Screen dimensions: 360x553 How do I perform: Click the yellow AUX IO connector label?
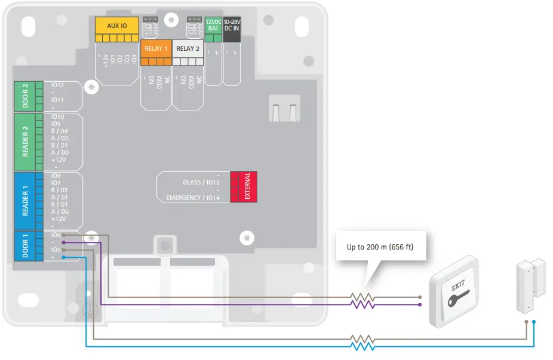pyautogui.click(x=116, y=26)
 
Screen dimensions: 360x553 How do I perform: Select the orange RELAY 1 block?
pyautogui.click(x=156, y=48)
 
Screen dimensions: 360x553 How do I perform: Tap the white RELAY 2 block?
pyautogui.click(x=188, y=48)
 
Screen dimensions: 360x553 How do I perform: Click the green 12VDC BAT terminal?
pyautogui.click(x=213, y=24)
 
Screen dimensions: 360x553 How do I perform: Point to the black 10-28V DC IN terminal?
pyautogui.click(x=232, y=24)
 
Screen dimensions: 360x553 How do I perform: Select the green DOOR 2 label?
pyautogui.click(x=25, y=95)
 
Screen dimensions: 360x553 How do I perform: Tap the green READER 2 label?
pyautogui.click(x=25, y=141)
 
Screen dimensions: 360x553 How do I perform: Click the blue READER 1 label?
pyautogui.click(x=25, y=202)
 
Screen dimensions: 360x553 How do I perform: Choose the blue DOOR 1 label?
pyautogui.click(x=25, y=245)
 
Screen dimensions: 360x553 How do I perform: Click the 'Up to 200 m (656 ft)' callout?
pyautogui.click(x=380, y=246)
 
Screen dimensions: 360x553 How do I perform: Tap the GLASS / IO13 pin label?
pyautogui.click(x=201, y=183)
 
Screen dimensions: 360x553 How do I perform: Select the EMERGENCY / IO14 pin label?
pyautogui.click(x=193, y=198)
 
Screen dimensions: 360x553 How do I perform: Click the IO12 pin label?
pyautogui.click(x=58, y=85)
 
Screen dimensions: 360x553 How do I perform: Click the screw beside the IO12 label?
pyautogui.click(x=91, y=87)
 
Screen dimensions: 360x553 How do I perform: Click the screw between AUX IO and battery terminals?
pyautogui.click(x=172, y=20)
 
